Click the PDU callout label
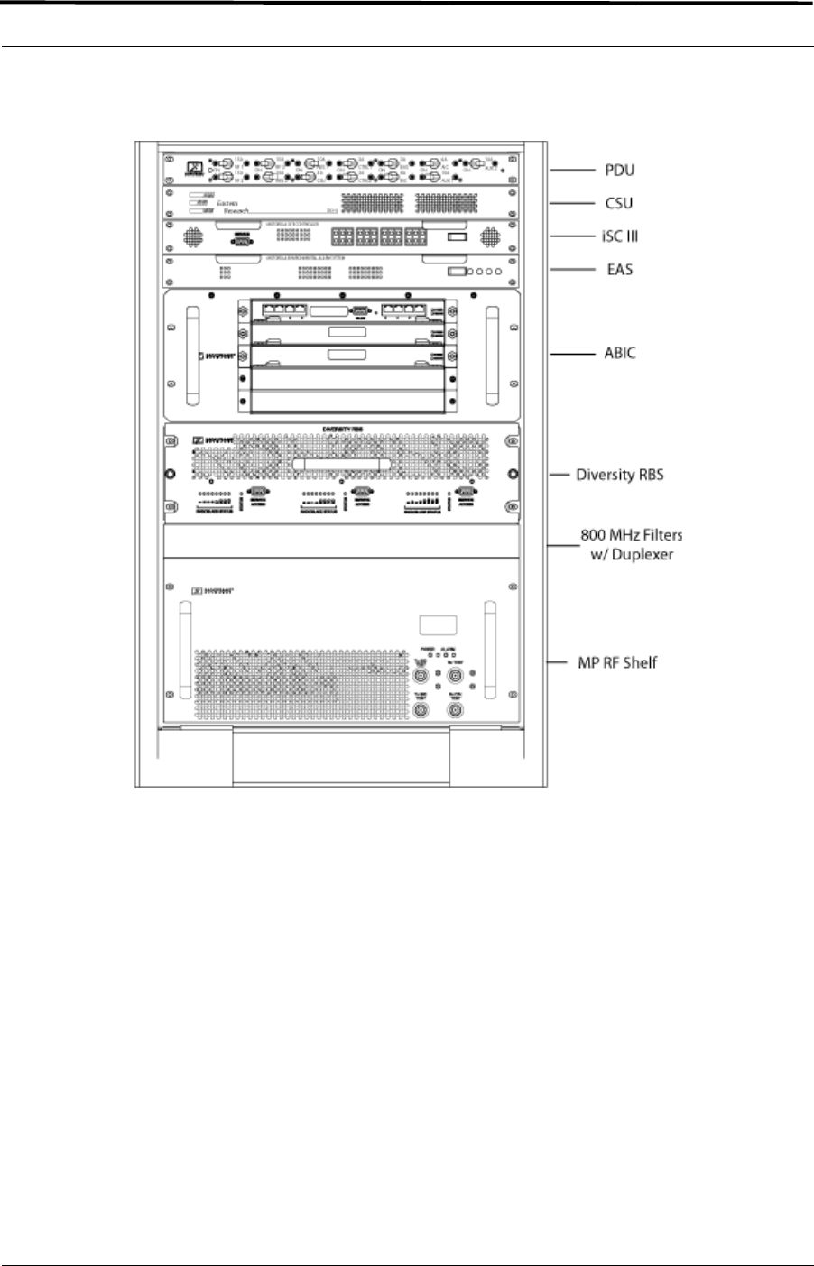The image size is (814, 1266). click(619, 170)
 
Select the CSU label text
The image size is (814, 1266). click(619, 203)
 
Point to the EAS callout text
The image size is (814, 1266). click(619, 269)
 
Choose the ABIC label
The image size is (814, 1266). click(620, 353)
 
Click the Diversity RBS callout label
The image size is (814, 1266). click(620, 474)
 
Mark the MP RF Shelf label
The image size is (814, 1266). click(617, 663)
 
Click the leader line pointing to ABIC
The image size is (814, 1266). click(570, 354)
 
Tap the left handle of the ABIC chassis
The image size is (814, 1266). click(190, 356)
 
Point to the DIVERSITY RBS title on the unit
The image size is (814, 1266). click(340, 430)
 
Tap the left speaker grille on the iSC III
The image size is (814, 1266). click(191, 237)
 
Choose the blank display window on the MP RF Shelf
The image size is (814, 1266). click(437, 626)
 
